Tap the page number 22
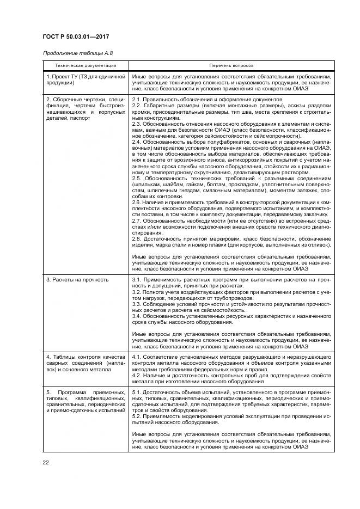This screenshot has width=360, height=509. click(45, 463)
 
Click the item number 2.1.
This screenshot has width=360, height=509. click(137, 100)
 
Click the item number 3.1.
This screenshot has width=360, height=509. click(137, 280)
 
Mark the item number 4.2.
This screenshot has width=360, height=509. click(137, 376)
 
